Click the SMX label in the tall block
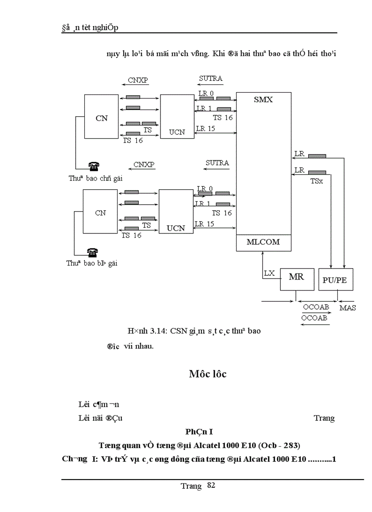click(x=263, y=99)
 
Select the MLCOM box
click(x=263, y=243)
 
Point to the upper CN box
click(x=102, y=117)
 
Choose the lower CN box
click(x=101, y=212)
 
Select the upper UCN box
click(x=176, y=117)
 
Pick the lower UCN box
click(x=176, y=212)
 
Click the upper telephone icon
click(x=94, y=166)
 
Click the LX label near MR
click(x=269, y=274)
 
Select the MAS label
click(x=348, y=308)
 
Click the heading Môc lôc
click(x=207, y=374)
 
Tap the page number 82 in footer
click(x=211, y=485)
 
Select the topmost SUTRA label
click(x=211, y=78)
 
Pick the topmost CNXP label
click(x=138, y=81)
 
